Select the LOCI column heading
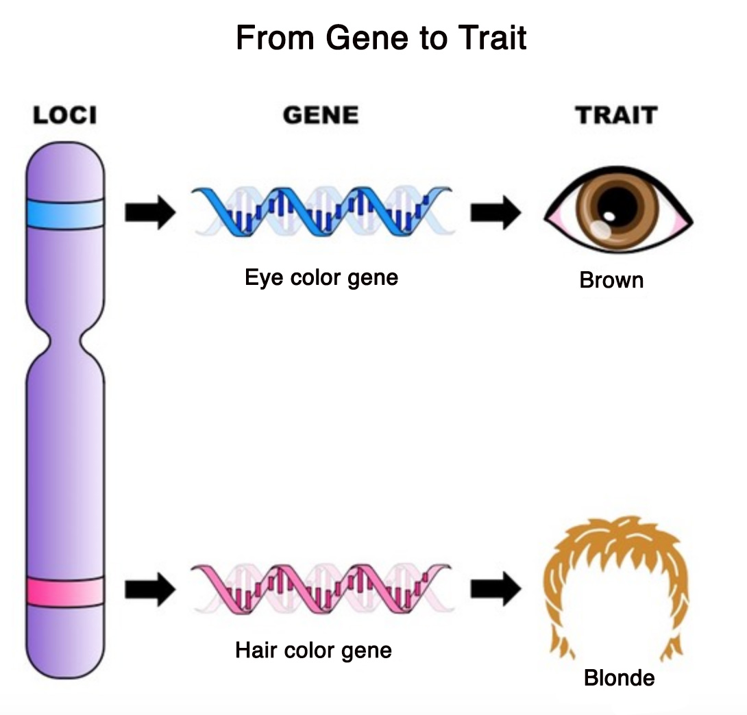[65, 115]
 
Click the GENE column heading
[321, 115]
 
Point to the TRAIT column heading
[616, 115]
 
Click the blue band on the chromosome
[65, 215]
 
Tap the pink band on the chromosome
[65, 592]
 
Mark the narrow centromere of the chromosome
[65, 338]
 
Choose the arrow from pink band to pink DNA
[150, 590]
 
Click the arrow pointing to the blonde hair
[495, 590]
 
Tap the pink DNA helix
[321, 588]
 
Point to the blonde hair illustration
[617, 568]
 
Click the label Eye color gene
[321, 278]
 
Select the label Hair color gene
[313, 649]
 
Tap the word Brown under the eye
[611, 280]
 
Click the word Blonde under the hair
[619, 678]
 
